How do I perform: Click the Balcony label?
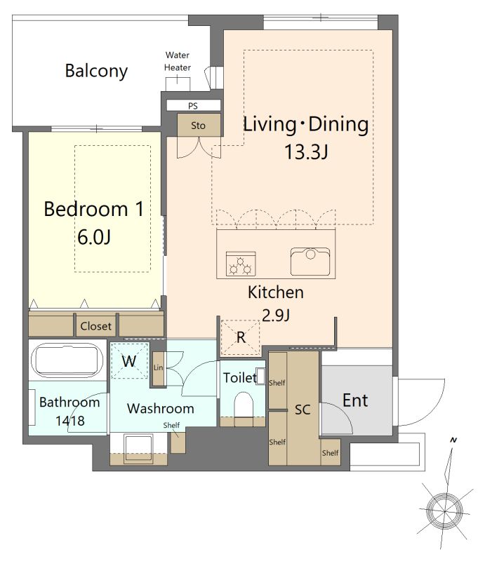pyautogui.click(x=96, y=71)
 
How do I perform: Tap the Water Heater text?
pyautogui.click(x=178, y=61)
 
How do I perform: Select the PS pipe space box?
pyautogui.click(x=194, y=106)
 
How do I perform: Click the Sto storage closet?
pyautogui.click(x=199, y=125)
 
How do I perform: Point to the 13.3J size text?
pyautogui.click(x=306, y=151)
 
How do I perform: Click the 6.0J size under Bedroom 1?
pyautogui.click(x=94, y=237)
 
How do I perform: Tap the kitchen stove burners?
pyautogui.click(x=241, y=264)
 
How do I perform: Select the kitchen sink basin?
pyautogui.click(x=310, y=261)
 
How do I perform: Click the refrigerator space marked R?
pyautogui.click(x=240, y=337)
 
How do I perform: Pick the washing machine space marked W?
pyautogui.click(x=129, y=360)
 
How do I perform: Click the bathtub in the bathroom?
pyautogui.click(x=67, y=360)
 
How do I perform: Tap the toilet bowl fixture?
pyautogui.click(x=244, y=405)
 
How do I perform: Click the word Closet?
pyautogui.click(x=95, y=326)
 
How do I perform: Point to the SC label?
pyautogui.click(x=303, y=410)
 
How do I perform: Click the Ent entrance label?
pyautogui.click(x=355, y=400)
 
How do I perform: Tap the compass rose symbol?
pyautogui.click(x=445, y=510)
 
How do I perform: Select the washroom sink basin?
pyautogui.click(x=138, y=449)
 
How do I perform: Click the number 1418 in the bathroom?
pyautogui.click(x=70, y=421)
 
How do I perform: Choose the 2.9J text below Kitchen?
pyautogui.click(x=276, y=315)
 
